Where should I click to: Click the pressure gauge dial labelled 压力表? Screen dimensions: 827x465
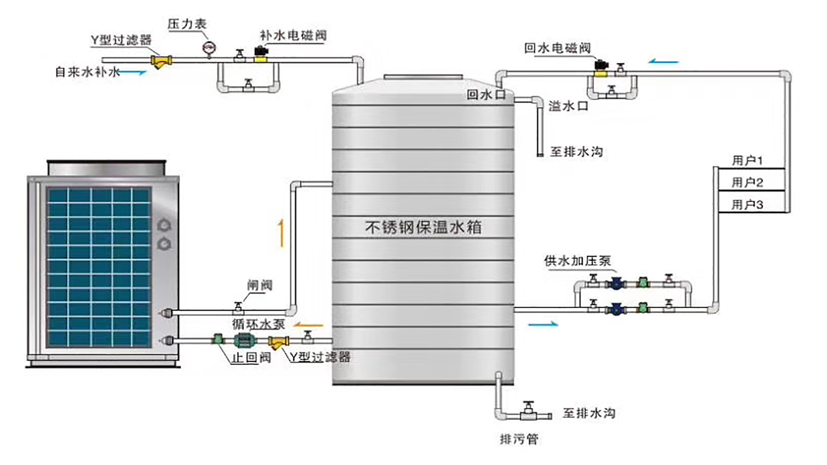209,48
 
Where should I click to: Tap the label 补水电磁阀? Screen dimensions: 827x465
293,35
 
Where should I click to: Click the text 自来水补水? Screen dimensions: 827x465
87,71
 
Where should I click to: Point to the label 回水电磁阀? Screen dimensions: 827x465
557,48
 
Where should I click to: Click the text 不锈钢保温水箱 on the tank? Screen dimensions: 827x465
423,227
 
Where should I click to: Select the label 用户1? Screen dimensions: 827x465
747,161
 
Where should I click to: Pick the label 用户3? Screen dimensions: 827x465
747,205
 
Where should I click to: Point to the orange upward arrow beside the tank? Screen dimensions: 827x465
281,233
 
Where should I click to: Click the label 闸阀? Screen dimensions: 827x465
260,285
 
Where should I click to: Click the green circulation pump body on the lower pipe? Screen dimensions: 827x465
245,341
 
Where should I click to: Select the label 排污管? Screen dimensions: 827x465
519,439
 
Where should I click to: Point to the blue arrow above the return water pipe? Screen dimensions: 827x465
664,62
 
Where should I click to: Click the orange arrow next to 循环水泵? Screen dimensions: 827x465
308,325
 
